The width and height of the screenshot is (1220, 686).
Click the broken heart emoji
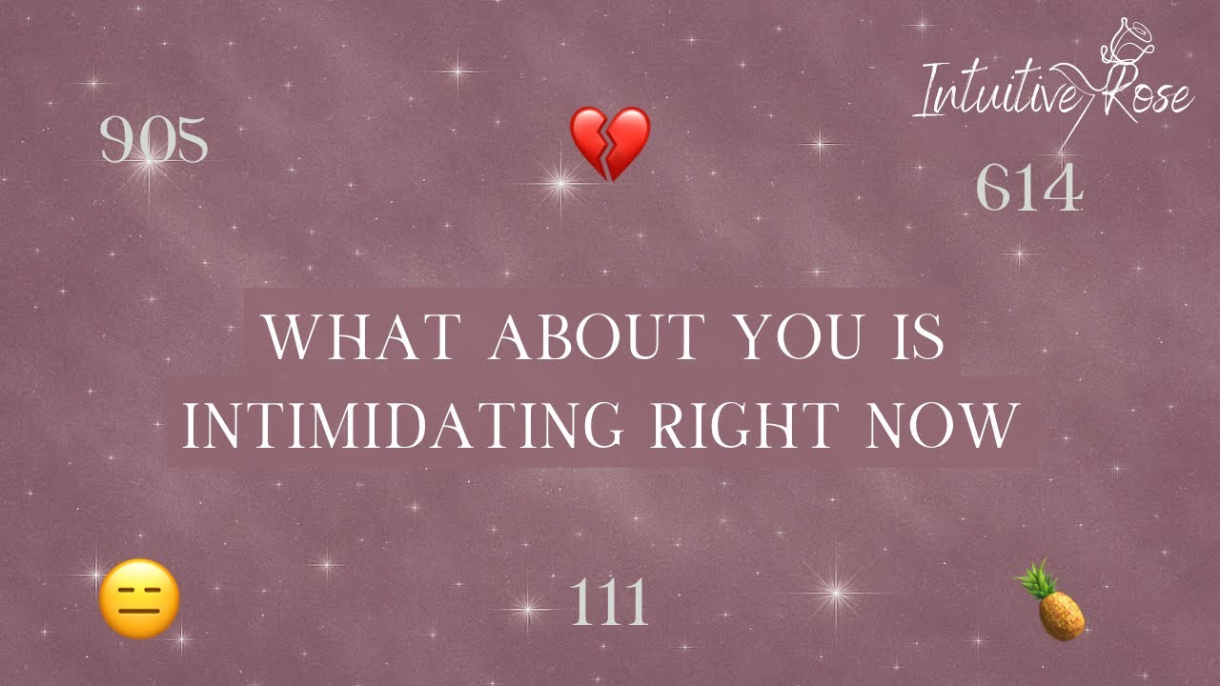point(610,143)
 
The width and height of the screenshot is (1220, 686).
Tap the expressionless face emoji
point(139,598)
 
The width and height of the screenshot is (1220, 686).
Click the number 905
point(153,141)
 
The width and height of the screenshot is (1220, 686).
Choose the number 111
point(610,603)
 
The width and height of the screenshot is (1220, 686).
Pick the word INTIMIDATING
point(401,426)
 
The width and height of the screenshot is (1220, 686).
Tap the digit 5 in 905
point(190,141)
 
